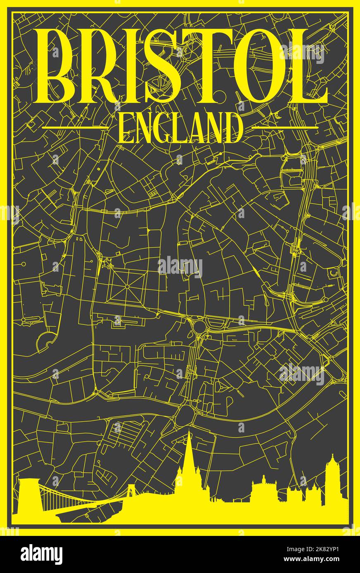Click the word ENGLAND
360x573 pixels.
coord(180,129)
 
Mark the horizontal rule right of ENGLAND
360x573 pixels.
coord(285,128)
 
